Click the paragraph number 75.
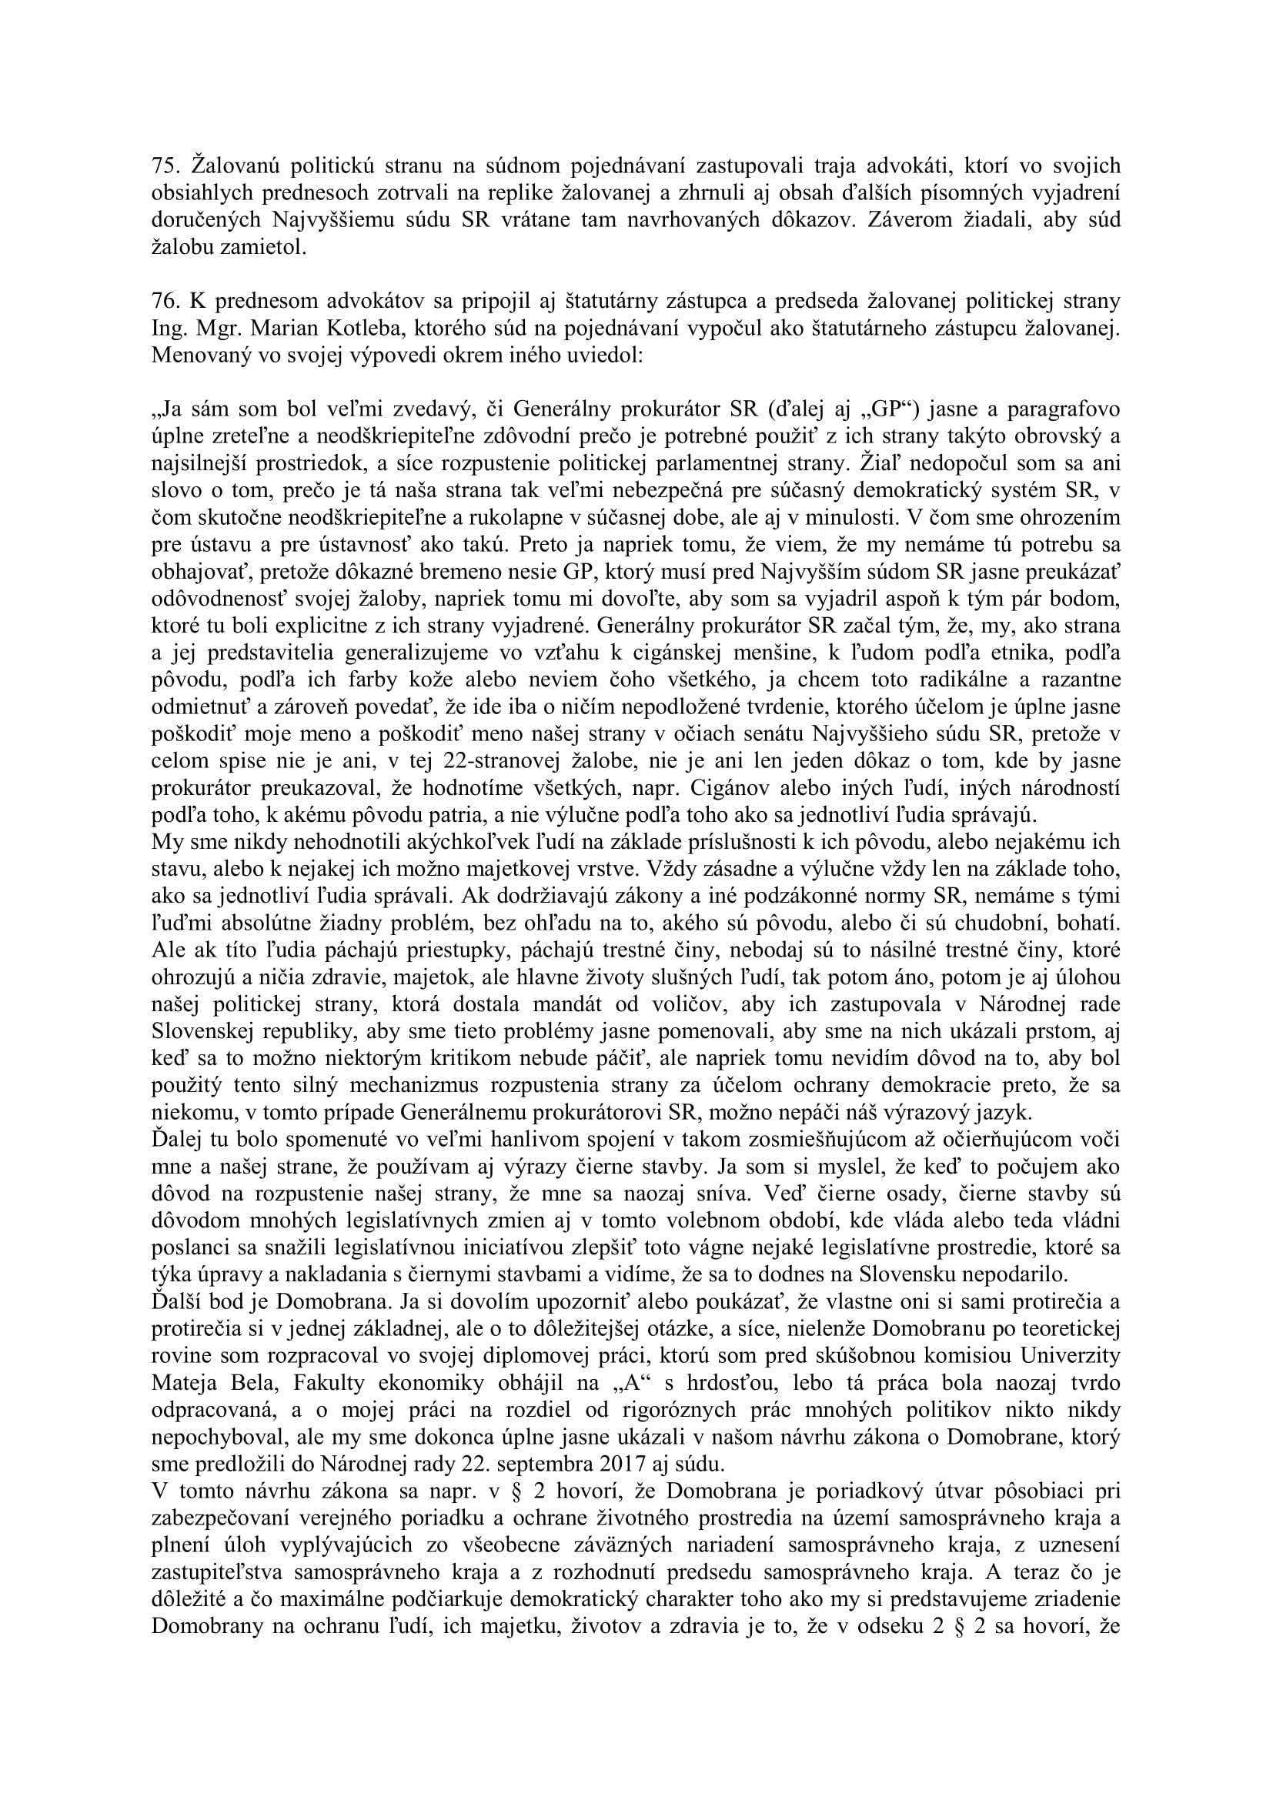point(165,165)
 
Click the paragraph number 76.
point(165,302)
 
